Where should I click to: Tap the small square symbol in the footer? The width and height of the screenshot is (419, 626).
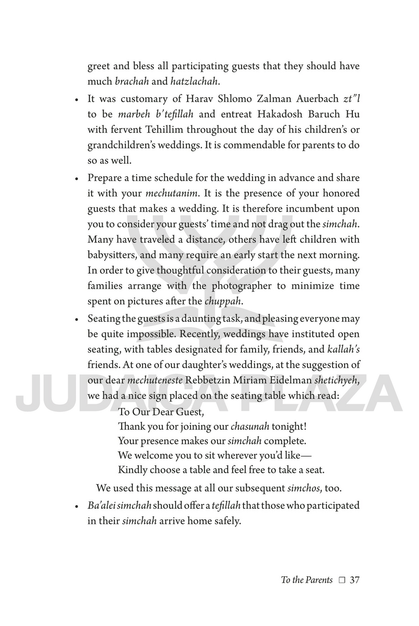click(x=341, y=580)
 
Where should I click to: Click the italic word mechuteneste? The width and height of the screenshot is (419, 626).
click(x=152, y=381)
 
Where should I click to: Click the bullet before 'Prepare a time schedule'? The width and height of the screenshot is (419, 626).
click(x=76, y=178)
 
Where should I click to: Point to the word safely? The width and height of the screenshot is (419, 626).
click(x=226, y=522)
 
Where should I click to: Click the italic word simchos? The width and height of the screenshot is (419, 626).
click(x=304, y=489)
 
